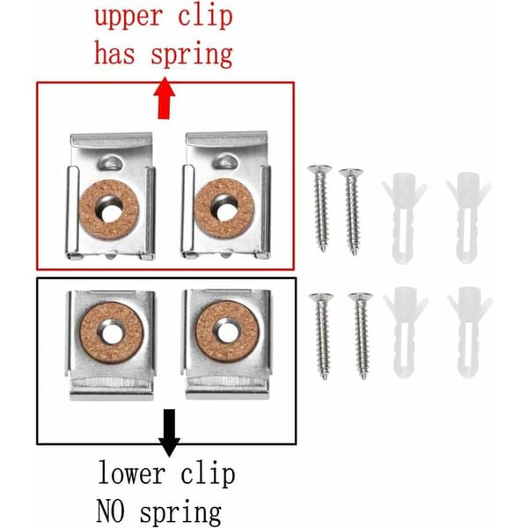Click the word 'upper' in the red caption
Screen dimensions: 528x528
tap(128, 17)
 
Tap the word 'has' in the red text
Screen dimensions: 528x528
tap(114, 53)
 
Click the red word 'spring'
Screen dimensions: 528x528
tap(191, 55)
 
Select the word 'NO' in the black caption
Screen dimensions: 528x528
tap(111, 510)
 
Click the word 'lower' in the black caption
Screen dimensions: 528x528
tap(132, 473)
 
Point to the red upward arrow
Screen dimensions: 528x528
tap(165, 99)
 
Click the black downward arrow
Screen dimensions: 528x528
tap(169, 433)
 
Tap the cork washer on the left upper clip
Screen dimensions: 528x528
tap(109, 209)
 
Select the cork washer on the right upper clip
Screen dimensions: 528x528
tap(224, 208)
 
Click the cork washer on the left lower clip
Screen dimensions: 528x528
tap(112, 333)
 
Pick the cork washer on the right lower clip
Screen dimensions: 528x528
tap(228, 332)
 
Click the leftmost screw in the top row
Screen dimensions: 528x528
tap(320, 208)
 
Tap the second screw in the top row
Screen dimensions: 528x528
tap(351, 211)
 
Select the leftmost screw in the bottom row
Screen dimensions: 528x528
tap(322, 336)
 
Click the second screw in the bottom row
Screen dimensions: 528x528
tap(361, 336)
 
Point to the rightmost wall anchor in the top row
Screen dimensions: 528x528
tap(468, 217)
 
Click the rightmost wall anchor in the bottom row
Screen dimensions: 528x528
tap(469, 332)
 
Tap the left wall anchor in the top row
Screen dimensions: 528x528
tap(404, 218)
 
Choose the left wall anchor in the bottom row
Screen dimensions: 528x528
tap(406, 332)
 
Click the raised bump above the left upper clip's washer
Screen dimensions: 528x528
tap(110, 162)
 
